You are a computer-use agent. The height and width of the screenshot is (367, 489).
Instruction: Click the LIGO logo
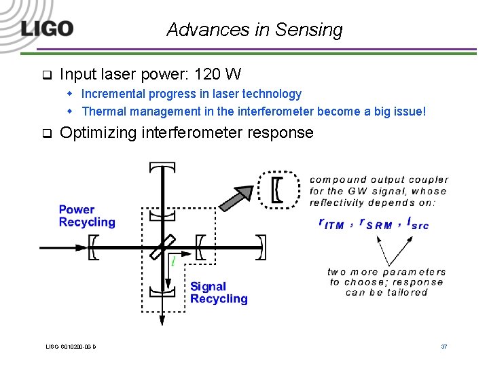coord(46,29)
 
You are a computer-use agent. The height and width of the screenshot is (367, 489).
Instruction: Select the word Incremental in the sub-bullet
coord(113,94)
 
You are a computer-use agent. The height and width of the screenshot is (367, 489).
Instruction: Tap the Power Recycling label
coord(87,216)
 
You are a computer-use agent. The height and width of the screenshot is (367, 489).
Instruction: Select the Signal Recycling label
coord(219,293)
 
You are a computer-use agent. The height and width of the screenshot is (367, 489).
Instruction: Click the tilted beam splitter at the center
coord(164,246)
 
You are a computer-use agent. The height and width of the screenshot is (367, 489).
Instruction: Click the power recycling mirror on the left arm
coord(93,246)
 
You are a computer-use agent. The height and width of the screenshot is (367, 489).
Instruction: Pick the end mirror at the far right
coord(261,246)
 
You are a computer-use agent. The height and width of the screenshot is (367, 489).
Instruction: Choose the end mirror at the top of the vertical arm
coord(164,167)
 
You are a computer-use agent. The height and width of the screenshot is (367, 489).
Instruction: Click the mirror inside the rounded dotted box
coord(277,188)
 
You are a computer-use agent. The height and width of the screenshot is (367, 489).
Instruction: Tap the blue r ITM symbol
coord(332,223)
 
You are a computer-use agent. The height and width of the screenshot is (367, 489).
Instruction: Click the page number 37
coord(443,347)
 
